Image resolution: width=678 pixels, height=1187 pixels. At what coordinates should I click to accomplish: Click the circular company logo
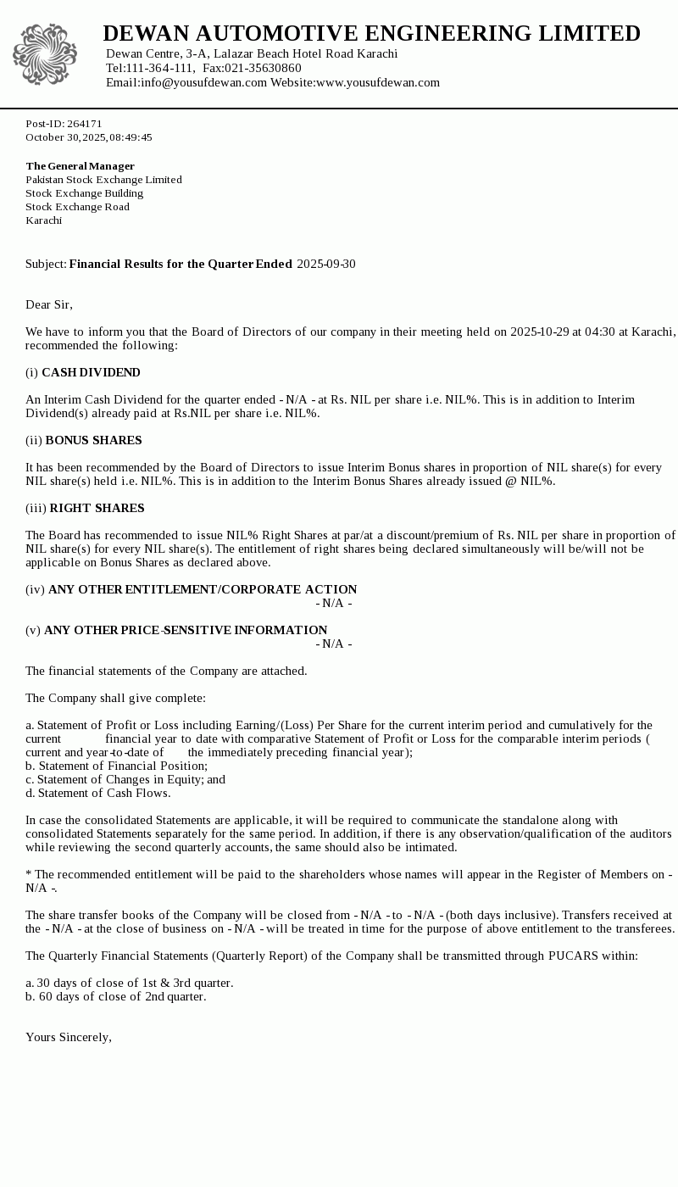point(45,55)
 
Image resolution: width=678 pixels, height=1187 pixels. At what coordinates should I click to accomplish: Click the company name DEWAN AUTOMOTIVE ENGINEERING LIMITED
point(371,33)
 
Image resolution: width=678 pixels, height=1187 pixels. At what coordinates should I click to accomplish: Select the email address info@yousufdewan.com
point(203,82)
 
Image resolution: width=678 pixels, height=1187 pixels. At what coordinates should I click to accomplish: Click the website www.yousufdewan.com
point(378,82)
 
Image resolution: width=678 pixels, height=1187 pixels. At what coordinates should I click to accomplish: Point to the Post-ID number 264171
point(85,124)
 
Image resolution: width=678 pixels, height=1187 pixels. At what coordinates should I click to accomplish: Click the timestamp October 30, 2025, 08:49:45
point(89,137)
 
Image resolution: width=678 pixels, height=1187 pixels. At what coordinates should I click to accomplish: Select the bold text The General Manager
point(80,166)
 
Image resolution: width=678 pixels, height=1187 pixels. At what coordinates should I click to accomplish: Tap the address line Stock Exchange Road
point(77,207)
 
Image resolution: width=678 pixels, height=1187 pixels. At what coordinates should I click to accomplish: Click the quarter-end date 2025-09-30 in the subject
point(326,264)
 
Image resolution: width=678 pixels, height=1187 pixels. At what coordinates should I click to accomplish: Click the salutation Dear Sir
point(48,304)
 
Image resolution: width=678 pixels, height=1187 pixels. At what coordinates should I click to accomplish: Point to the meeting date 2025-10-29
point(540,332)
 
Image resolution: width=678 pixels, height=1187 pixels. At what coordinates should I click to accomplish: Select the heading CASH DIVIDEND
point(91,372)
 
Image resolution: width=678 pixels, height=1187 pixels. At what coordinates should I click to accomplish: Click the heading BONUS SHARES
point(93,440)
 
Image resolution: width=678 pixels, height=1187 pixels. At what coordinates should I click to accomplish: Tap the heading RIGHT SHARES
point(97,508)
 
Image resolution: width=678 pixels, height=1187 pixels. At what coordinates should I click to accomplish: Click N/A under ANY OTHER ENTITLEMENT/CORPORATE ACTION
point(334,603)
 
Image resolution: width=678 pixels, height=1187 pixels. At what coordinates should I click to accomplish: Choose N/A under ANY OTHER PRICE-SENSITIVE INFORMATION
point(334,644)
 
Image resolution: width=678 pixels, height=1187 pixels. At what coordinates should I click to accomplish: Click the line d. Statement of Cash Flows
point(97,793)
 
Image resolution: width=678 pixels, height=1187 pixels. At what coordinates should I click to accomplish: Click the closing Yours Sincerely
point(69,1037)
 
